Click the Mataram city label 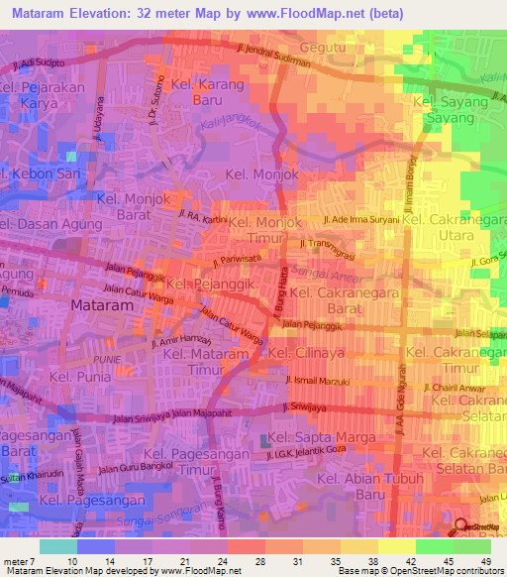pos(102,307)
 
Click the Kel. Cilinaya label pos(307,353)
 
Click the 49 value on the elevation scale pos(485,561)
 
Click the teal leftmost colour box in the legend pos(58,546)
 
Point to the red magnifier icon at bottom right pos(459,525)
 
